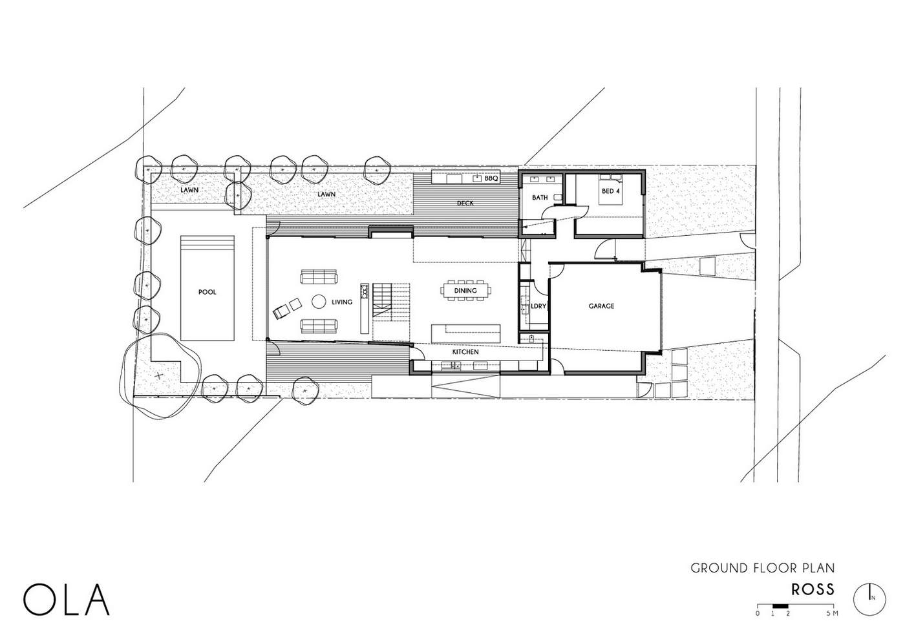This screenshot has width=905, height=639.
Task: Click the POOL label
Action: click(207, 292)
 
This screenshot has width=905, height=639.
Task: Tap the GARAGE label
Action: click(601, 306)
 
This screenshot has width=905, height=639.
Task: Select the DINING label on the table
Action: click(465, 290)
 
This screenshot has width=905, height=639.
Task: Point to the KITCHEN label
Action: click(465, 352)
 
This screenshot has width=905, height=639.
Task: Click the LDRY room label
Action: click(538, 306)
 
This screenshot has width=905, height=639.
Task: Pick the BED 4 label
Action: click(610, 191)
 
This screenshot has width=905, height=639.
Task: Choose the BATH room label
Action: click(540, 198)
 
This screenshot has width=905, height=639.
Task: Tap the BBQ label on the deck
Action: click(491, 178)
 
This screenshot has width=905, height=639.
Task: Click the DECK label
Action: click(465, 203)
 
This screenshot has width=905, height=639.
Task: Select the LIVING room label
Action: click(342, 302)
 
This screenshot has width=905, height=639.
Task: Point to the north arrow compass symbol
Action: click(869, 599)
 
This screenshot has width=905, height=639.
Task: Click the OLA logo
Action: click(66, 600)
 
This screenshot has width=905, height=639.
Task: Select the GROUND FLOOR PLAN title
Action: click(763, 568)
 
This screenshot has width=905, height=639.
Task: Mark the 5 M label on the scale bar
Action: click(833, 624)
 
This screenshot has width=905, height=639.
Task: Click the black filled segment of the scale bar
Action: click(780, 617)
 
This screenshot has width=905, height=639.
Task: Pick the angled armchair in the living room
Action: click(282, 312)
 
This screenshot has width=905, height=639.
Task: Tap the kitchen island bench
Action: click(466, 334)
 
